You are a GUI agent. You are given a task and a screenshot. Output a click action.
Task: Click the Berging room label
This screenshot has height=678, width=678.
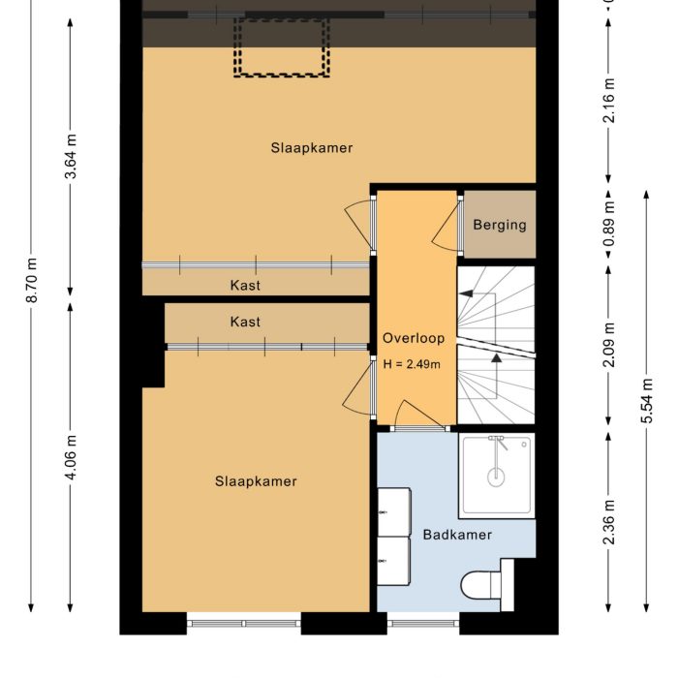(500, 225)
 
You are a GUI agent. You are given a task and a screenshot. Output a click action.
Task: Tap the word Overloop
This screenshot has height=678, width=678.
(414, 338)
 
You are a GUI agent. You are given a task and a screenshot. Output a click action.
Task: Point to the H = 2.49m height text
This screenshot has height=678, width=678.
(412, 365)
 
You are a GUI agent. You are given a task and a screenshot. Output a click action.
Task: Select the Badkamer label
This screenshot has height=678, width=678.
(457, 535)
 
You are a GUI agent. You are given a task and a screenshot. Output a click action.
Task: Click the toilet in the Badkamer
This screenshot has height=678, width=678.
(481, 585)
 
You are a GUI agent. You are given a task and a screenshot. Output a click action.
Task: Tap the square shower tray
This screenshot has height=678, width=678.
(497, 475)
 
